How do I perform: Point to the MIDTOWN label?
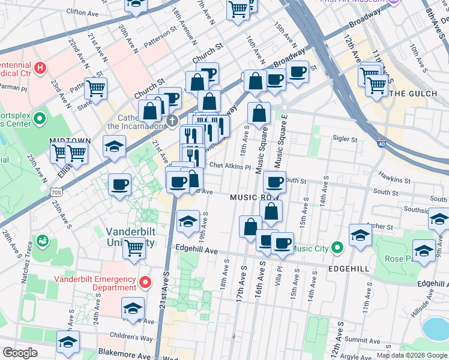pos(70,140)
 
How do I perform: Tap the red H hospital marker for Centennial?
pos(41,67)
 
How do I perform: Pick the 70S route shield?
pos(56,192)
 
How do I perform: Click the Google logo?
pos(20,353)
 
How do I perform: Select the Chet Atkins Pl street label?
pos(230,166)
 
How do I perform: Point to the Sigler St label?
pos(345,139)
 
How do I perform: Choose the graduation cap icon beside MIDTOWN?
pos(113,146)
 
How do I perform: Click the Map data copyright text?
pos(412,355)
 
